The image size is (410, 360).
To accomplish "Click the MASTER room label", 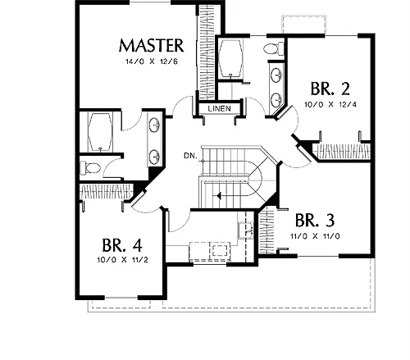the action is coord(151,46).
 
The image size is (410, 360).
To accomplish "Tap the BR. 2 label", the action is coord(330,89).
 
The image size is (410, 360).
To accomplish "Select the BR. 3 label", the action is coord(315,220).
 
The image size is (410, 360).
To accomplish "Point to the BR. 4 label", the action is coord(122,245).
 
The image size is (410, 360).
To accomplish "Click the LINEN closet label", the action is coord(220,108).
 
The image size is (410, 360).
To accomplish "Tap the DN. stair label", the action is coord(190,156).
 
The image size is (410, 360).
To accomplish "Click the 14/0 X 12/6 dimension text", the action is coord(152,62).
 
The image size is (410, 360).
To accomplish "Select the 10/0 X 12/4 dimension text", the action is coord(330,104).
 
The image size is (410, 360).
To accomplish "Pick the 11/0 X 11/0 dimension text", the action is coord(315,236).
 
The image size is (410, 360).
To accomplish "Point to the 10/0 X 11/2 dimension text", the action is coord(122,260).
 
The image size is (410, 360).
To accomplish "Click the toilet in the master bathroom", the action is coord(90,167).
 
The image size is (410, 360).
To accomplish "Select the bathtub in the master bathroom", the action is coord(100,132).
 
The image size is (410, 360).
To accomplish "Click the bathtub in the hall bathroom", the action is coord(231,58).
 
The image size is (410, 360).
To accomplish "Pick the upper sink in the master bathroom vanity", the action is coord(155,125).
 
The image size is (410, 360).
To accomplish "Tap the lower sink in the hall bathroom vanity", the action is coord(276,100).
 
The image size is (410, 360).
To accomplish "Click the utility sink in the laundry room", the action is coord(245,230).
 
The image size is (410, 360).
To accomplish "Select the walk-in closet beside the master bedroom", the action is coord(207,52).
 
